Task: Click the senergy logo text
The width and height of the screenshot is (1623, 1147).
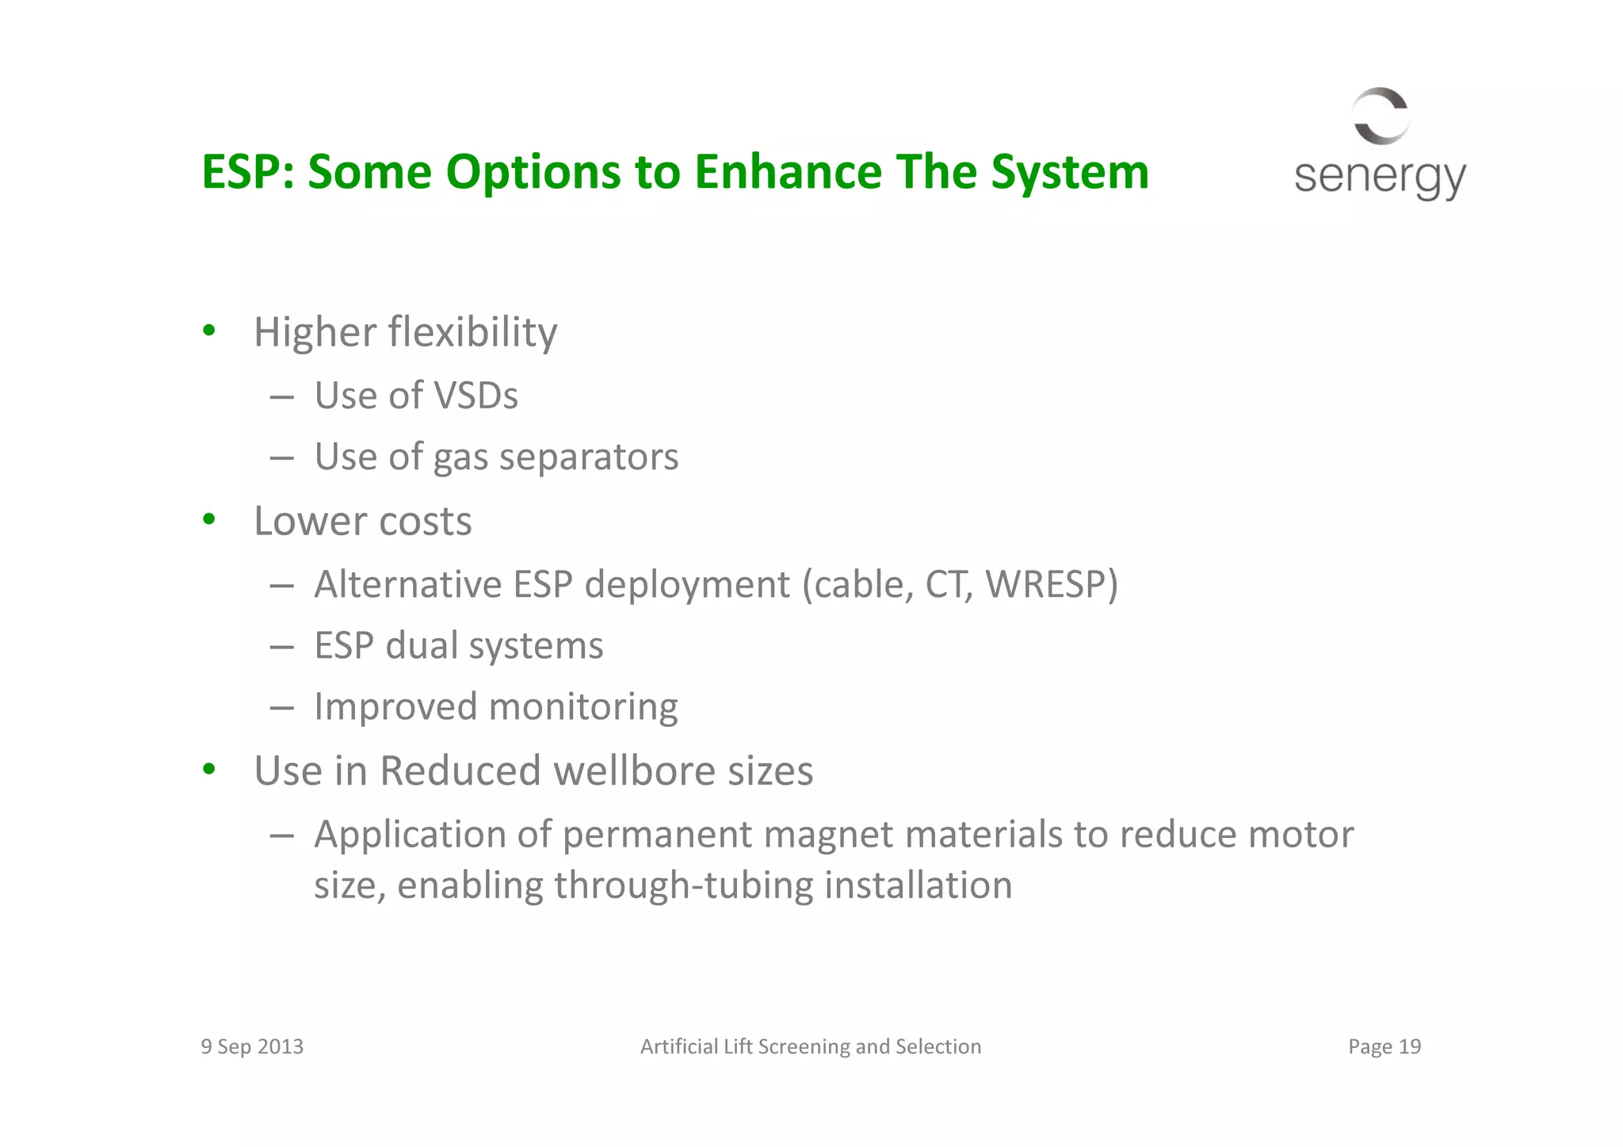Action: [x=1379, y=177]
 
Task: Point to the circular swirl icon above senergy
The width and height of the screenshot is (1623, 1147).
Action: [x=1381, y=116]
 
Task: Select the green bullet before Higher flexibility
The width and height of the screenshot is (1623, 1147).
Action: [x=209, y=331]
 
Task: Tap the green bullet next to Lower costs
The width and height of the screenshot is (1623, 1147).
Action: [x=209, y=520]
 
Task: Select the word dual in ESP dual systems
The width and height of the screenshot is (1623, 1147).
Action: [x=422, y=645]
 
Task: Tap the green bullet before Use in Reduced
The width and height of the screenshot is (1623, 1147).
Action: [x=209, y=770]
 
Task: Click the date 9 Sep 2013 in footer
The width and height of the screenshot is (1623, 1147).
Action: [x=252, y=1046]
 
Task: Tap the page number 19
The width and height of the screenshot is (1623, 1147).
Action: [x=1410, y=1046]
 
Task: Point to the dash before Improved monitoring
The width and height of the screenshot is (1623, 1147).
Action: [x=281, y=707]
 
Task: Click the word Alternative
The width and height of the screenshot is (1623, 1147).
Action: [x=407, y=584]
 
